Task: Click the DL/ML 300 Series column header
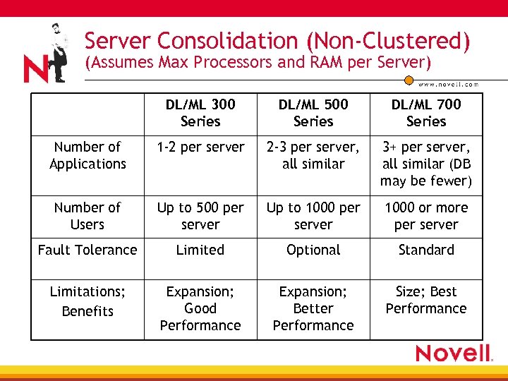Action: click(200, 113)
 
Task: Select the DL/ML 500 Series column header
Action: click(313, 113)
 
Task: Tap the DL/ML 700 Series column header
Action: click(426, 113)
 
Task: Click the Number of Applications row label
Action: click(87, 155)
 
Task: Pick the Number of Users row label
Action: click(87, 216)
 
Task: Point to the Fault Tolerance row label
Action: click(87, 250)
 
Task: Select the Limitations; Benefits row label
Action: click(87, 301)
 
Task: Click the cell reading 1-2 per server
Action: click(200, 147)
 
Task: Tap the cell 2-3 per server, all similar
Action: click(313, 155)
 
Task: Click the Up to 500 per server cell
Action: click(200, 216)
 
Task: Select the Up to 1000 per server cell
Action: click(313, 216)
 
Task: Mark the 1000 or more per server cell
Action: click(426, 216)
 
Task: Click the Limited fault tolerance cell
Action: click(200, 250)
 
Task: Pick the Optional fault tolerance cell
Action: click(313, 250)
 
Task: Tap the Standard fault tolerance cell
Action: click(426, 250)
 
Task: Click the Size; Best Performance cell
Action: click(426, 300)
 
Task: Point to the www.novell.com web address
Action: click(448, 84)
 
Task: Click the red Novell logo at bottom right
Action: click(453, 353)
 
